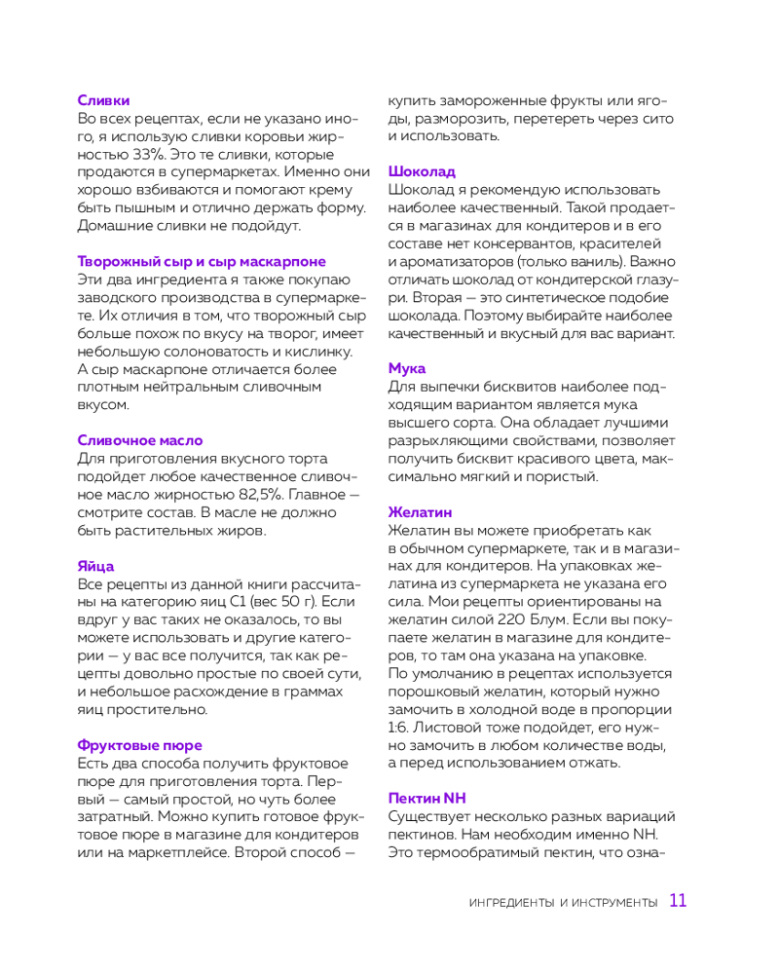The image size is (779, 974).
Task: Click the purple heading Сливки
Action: (x=103, y=99)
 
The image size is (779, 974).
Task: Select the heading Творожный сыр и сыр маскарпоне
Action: (x=202, y=261)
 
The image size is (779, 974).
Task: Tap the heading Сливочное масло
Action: (x=139, y=440)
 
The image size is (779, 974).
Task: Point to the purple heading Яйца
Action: (x=95, y=566)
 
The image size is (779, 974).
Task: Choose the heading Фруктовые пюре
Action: (x=135, y=745)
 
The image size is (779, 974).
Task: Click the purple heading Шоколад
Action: (x=422, y=171)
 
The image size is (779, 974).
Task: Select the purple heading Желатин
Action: (x=421, y=512)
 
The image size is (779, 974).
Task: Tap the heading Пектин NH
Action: (x=427, y=798)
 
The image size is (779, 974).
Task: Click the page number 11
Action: (x=678, y=901)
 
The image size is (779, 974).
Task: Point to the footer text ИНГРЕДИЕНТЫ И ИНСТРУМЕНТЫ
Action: (x=563, y=904)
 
